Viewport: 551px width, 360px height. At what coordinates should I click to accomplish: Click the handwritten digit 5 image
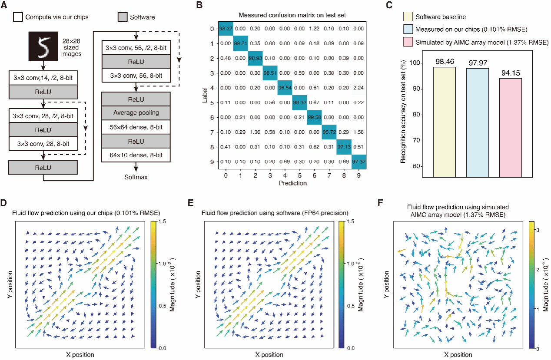coord(43,45)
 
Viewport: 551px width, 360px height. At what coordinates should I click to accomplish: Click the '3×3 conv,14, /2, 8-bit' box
coord(43,78)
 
